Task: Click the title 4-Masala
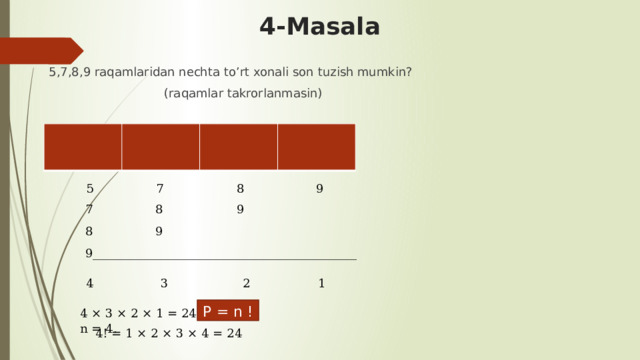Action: [x=319, y=27]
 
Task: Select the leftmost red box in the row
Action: [x=83, y=146]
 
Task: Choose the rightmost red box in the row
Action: [x=317, y=146]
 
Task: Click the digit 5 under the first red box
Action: [x=90, y=188]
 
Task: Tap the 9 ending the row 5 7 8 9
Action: [x=319, y=188]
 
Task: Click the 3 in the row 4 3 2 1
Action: [x=163, y=283]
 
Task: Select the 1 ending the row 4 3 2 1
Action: [x=321, y=283]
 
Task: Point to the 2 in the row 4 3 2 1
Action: [x=246, y=283]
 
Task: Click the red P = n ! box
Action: [x=228, y=310]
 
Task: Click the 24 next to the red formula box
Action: [x=187, y=312]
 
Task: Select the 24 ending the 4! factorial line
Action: [x=232, y=333]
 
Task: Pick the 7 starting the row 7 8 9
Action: [x=89, y=210]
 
